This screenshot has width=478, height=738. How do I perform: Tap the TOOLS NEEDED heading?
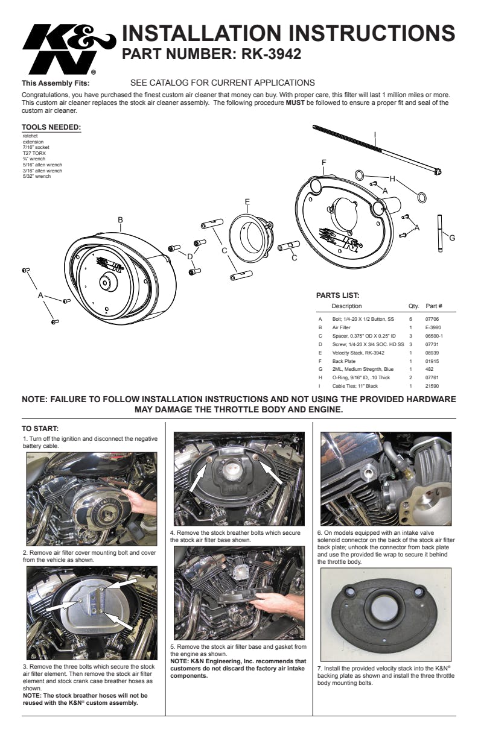click(x=51, y=127)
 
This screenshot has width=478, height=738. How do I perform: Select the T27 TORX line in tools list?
click(x=34, y=153)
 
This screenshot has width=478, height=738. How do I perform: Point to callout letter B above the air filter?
click(x=121, y=220)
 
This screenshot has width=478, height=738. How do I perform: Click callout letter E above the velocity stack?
click(x=247, y=201)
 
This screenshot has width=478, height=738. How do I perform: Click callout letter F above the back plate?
click(x=324, y=162)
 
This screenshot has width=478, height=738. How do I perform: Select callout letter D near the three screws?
click(x=190, y=256)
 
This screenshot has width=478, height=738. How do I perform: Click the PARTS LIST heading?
click(x=338, y=295)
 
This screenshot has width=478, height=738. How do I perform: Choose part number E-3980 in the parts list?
click(x=433, y=327)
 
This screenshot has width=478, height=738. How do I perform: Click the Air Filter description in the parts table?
click(x=342, y=327)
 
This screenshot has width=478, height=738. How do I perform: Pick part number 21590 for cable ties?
click(x=433, y=386)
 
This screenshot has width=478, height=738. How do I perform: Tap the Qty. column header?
click(x=413, y=306)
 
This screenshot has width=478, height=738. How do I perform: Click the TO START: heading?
click(x=40, y=429)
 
